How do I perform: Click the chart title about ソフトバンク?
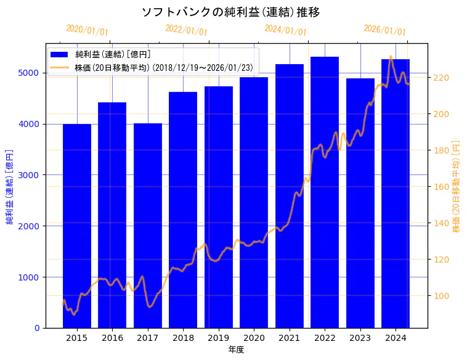coord(230,12)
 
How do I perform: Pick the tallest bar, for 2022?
coord(325,192)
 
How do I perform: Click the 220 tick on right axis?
coord(441,78)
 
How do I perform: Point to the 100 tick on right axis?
coord(441,296)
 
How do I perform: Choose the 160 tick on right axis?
coord(441,187)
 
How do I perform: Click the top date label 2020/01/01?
coord(87,30)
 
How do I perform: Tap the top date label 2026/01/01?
coord(384,30)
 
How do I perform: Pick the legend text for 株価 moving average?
coord(163,67)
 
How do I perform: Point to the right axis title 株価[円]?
coord(457,186)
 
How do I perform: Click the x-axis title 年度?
coord(236,350)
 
